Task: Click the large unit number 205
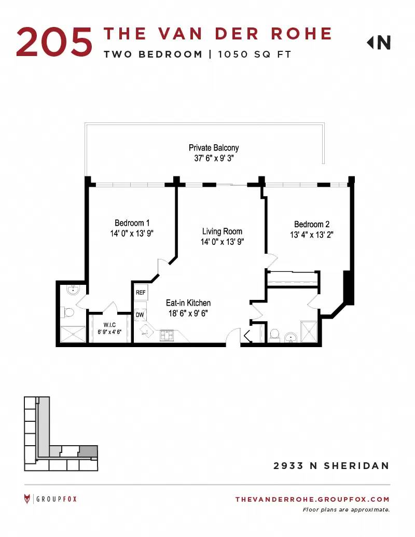point(54,42)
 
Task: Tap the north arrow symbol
point(379,43)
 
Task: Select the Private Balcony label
point(214,147)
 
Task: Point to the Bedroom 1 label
point(132,223)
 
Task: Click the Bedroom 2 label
point(312,224)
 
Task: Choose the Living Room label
point(222,231)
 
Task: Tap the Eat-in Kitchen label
point(188,303)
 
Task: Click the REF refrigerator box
point(141,293)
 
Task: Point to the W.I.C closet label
point(109,325)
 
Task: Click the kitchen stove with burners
point(167,335)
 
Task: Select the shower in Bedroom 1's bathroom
point(73,334)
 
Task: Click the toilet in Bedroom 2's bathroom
point(274,335)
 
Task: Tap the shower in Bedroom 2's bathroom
point(309,332)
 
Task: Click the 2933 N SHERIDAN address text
point(331,466)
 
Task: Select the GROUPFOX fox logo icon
point(27,499)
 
